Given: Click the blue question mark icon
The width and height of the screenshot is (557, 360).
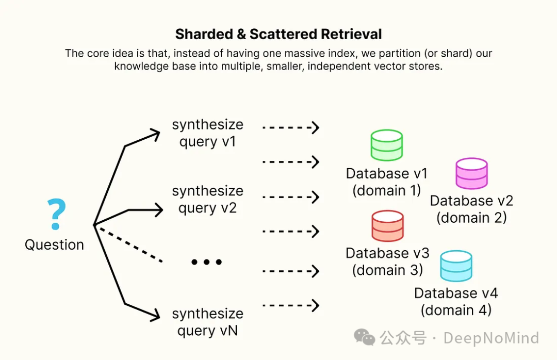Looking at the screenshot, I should coord(57,214).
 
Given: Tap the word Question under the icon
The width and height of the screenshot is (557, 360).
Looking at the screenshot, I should coord(54,244).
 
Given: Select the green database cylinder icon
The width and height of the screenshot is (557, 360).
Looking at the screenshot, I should coord(387,145).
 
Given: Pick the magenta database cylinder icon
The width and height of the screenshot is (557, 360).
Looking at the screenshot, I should coord(471,173).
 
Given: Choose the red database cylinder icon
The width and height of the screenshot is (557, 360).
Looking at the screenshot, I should coord(387,226).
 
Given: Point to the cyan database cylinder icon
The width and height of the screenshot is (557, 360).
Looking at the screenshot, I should coord(456,266).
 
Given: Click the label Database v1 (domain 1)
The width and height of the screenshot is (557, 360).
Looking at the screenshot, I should coord(387,182).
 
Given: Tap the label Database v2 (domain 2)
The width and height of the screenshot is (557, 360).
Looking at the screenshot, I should coord(471,209).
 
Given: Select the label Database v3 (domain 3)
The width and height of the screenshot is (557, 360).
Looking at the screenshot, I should coord(387,261).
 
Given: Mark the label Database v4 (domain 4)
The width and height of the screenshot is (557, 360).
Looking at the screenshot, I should coord(456,301).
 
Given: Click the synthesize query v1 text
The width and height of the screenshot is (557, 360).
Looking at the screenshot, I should coord(207,133).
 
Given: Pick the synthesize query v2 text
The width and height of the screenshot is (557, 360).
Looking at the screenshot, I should coord(207,199).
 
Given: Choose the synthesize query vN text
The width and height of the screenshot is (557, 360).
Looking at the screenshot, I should coord(207,322).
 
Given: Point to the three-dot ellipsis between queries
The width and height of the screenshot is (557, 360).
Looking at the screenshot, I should coord(206,262).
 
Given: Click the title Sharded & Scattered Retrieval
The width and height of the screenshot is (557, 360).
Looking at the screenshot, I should coord(278,35).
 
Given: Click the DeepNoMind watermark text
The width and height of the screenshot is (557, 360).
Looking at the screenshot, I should coord(491,338).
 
